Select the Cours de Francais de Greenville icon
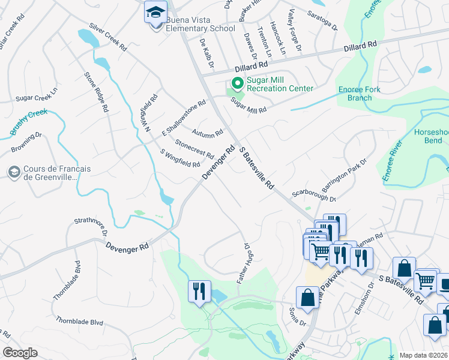click(x=13, y=173)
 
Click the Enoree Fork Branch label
click(x=369, y=94)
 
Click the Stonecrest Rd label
click(x=194, y=149)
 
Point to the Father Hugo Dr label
click(x=243, y=263)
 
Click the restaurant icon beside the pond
click(x=198, y=292)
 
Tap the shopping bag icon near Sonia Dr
click(x=308, y=297)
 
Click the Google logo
click(x=20, y=353)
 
